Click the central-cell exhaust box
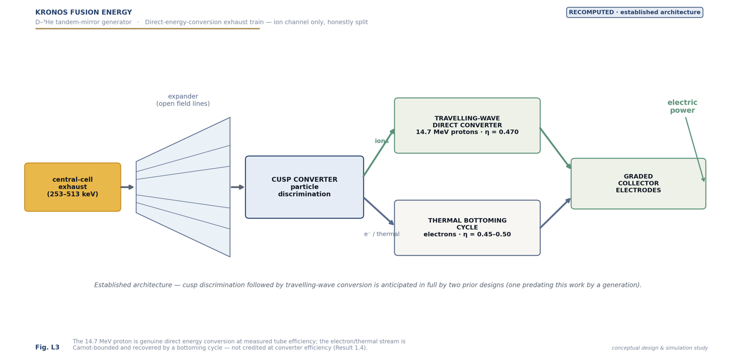point(73,187)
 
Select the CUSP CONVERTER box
point(304,187)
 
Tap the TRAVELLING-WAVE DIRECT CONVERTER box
point(467,126)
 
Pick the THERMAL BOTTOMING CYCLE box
point(467,228)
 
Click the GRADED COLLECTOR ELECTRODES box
point(638,183)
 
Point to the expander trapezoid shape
point(183,187)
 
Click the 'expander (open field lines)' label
point(183,100)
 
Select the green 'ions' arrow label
point(382,141)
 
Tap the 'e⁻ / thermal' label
point(382,234)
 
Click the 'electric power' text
point(682,106)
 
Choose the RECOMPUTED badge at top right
point(635,13)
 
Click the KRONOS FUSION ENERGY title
point(84,13)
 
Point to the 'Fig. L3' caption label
point(47,347)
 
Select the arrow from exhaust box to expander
point(127,187)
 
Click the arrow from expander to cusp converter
point(238,187)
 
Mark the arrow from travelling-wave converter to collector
point(556,148)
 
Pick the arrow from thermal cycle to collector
point(556,213)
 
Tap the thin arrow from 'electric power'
point(695,149)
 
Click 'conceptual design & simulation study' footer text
point(660,348)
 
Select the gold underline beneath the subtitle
point(148,28)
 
